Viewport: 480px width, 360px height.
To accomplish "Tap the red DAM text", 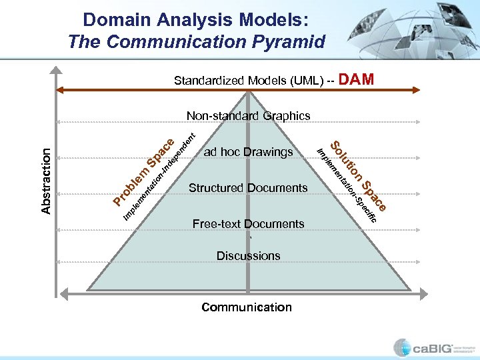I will [357, 80].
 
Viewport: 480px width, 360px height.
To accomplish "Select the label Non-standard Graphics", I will [248, 116].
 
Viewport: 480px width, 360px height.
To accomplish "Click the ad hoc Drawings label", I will [248, 152].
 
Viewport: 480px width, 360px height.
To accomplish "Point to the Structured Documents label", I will [248, 188].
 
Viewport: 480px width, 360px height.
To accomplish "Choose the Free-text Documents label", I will [248, 224].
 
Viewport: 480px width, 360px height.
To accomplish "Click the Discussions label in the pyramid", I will [248, 256].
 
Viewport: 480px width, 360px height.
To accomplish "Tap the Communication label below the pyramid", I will [247, 307].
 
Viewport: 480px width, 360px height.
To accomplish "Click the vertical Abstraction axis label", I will [46, 181].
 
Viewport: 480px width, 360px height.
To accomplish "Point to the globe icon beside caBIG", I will [402, 347].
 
